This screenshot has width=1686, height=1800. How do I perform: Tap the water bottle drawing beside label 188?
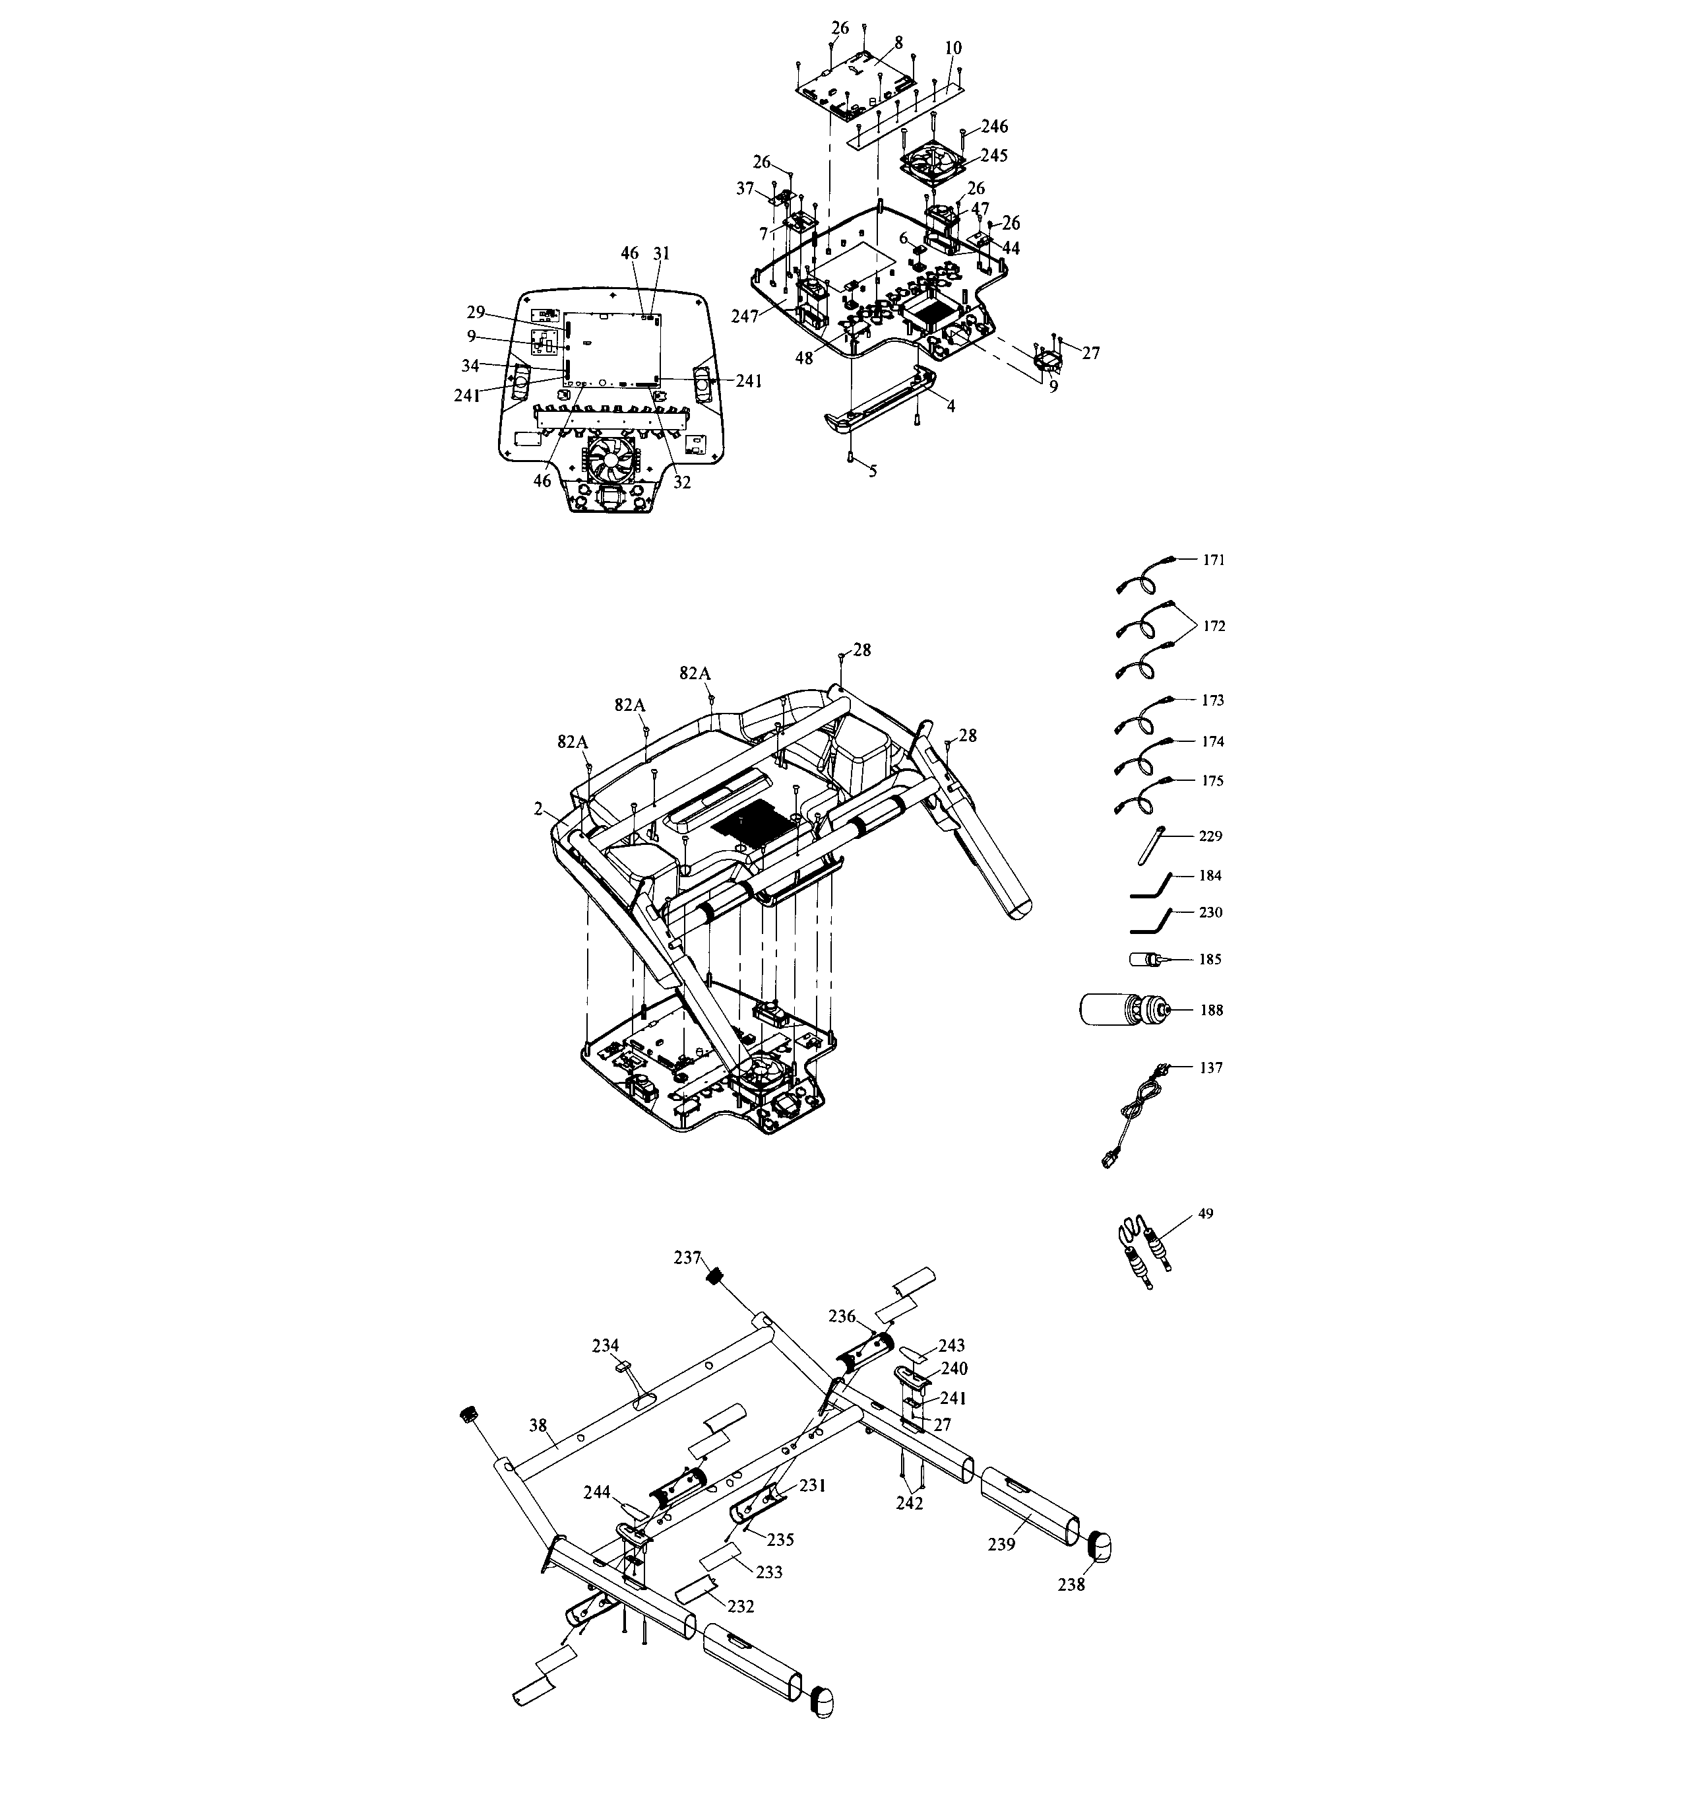pos(1123,1009)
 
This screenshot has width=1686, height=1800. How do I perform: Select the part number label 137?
pos(1211,1067)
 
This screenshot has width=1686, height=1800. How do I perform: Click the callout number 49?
pos(1204,1213)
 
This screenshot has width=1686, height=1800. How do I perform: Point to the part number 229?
pos(1210,836)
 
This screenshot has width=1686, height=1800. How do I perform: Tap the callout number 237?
pos(688,1257)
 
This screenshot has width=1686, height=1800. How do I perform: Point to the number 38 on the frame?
pos(538,1425)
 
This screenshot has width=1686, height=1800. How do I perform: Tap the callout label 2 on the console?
pos(538,809)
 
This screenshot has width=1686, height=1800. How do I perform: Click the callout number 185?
pos(1210,959)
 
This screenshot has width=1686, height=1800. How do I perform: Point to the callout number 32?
pos(681,483)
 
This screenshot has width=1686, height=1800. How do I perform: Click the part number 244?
pos(598,1490)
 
